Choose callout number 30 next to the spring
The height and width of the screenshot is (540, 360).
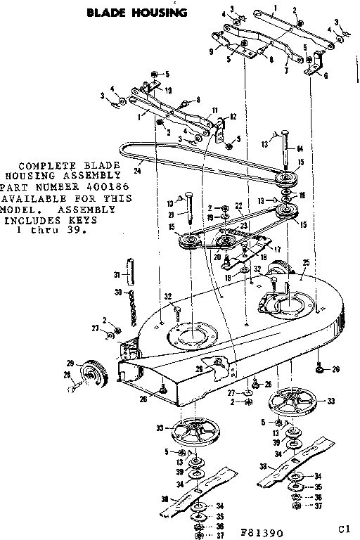click(118, 292)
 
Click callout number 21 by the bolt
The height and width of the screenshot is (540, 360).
click(169, 215)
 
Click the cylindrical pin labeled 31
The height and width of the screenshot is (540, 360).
click(129, 269)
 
